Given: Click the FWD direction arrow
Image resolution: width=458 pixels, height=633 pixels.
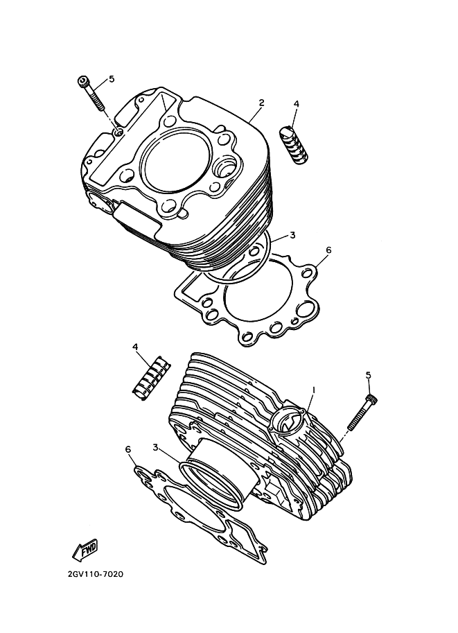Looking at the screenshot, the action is tap(85, 549).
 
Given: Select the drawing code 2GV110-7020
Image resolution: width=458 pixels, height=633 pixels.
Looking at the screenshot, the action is tap(96, 573).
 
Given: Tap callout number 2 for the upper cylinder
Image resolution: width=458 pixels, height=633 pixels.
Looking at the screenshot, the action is tap(261, 103).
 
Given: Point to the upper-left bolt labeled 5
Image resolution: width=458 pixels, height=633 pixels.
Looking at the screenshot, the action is tap(91, 92).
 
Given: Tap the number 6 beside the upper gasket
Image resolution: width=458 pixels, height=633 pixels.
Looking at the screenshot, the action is tap(328, 250).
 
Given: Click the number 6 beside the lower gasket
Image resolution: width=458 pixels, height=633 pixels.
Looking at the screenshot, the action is tap(128, 449).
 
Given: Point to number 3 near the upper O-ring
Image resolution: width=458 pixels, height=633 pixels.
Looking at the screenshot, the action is tap(292, 235).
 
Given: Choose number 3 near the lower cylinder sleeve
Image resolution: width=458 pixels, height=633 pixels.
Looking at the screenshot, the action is tap(155, 446).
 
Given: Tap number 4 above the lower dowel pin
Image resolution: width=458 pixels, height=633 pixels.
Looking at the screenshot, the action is tap(135, 347).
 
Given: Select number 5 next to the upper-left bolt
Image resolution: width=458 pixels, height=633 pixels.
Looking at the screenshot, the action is tap(112, 79).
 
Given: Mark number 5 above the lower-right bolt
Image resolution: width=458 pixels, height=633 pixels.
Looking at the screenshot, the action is tap(368, 376).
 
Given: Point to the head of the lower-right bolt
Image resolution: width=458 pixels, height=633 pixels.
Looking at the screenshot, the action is tap(372, 400).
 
